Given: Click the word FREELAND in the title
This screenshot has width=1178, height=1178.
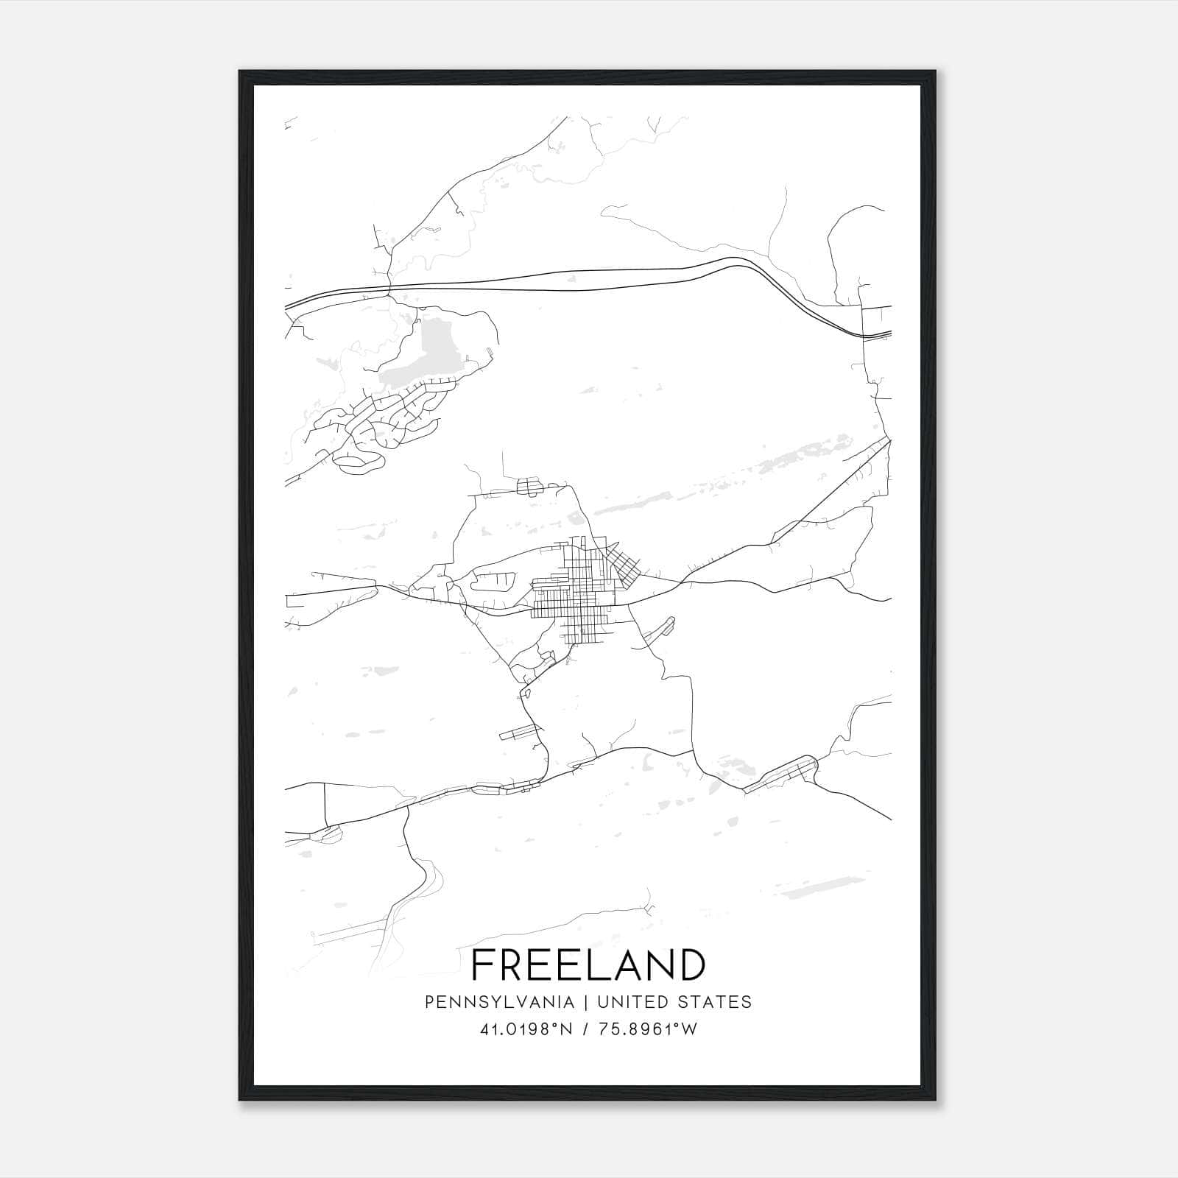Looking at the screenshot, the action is click(x=588, y=965).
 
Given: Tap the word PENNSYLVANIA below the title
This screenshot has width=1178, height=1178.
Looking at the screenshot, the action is click(x=499, y=1002).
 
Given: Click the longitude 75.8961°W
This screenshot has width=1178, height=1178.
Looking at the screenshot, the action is click(x=648, y=1029).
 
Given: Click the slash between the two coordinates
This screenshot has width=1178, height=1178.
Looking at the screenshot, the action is click(x=584, y=1029).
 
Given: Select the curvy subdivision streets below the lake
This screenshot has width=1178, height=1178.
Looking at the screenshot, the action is click(x=383, y=423).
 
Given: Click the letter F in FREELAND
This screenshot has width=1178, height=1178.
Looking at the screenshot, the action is click(x=483, y=965).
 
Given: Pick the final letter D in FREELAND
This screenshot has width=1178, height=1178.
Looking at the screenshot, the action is click(x=691, y=965).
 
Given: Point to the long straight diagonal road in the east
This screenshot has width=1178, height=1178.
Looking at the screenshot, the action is click(x=825, y=493).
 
